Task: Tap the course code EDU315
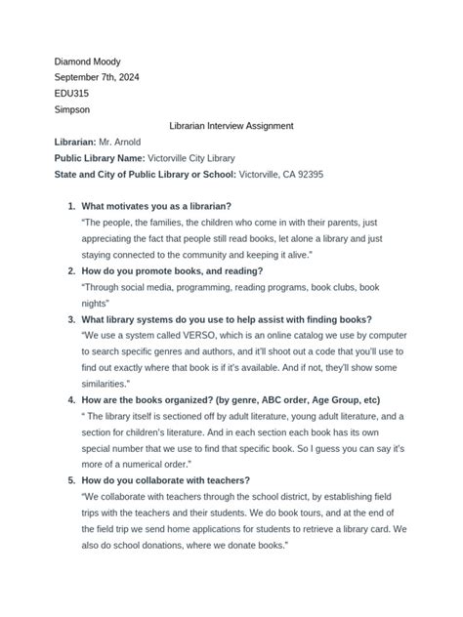coord(71,95)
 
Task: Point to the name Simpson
coord(73,110)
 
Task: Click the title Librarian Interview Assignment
coord(231,126)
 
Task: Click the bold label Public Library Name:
coord(99,158)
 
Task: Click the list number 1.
coord(70,207)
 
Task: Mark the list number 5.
coord(70,480)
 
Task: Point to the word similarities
coord(110,384)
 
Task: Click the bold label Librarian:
coord(75,142)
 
